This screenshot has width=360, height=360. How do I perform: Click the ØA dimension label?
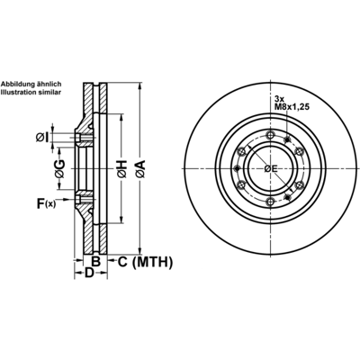140,168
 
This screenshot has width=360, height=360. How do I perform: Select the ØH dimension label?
122,169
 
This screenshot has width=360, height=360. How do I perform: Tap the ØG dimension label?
59,168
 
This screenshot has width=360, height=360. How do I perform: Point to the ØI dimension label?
42,138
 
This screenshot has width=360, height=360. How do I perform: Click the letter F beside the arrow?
40,203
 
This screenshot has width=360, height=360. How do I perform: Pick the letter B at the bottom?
95,262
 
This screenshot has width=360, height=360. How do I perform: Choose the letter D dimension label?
89,273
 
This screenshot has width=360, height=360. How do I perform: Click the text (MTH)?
152,262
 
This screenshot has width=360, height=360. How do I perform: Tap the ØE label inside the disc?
271,169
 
